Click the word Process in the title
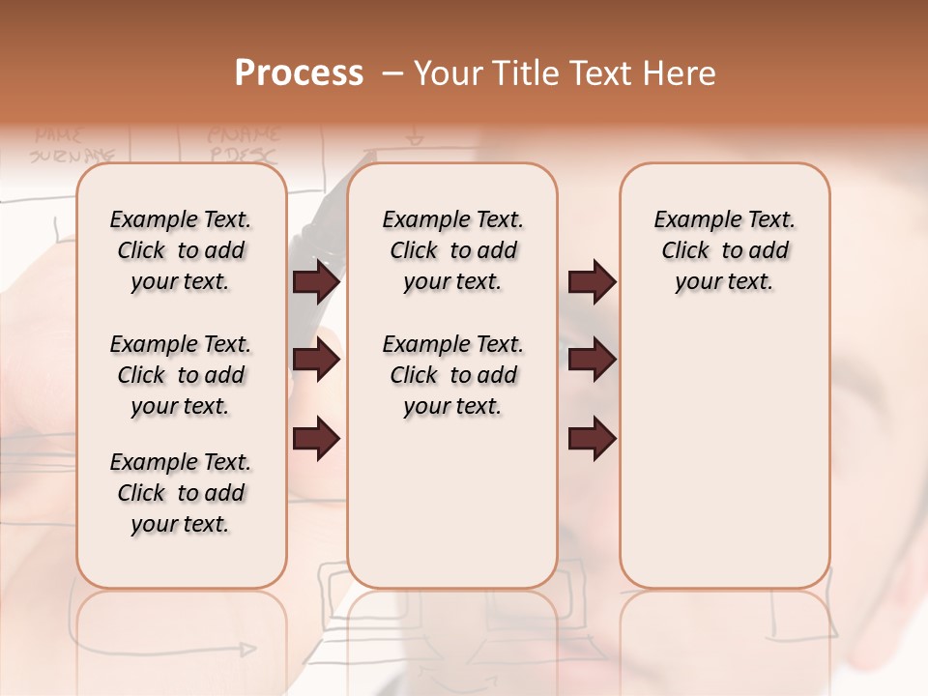click(x=299, y=72)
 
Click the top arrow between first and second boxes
click(x=316, y=281)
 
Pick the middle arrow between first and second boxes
click(x=316, y=361)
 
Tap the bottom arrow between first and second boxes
click(x=316, y=439)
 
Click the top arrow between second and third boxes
click(x=592, y=281)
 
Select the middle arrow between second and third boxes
click(x=592, y=361)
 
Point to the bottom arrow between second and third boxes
click(x=592, y=439)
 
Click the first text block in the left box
click(x=181, y=250)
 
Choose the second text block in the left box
click(x=181, y=375)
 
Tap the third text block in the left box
click(x=181, y=493)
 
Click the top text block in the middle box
click(x=452, y=250)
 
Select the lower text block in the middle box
click(x=452, y=375)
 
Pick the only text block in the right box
click(x=725, y=250)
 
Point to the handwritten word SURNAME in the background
click(x=72, y=155)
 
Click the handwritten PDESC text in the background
click(x=243, y=155)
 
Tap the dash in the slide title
click(x=392, y=72)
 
